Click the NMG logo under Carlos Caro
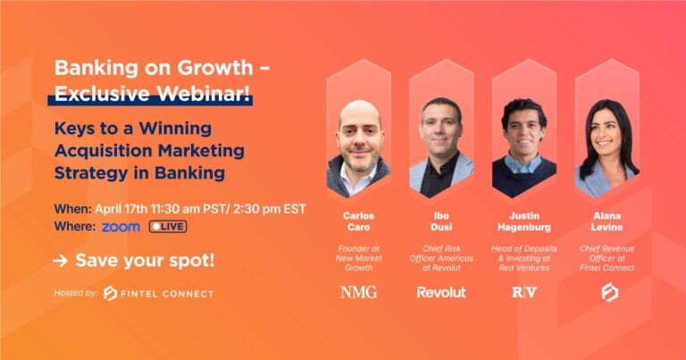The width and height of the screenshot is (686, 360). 358,292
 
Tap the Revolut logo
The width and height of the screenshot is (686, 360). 441,292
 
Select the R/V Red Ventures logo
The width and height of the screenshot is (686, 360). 523,292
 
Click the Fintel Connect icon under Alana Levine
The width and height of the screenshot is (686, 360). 607,292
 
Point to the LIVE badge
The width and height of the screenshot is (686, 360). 168,227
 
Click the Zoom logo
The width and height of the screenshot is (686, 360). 121,227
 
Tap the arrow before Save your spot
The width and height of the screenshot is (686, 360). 61,261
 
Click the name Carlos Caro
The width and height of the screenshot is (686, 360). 358,221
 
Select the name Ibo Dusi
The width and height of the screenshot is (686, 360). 441,221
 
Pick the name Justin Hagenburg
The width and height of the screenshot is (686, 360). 523,221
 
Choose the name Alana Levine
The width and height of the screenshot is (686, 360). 607,221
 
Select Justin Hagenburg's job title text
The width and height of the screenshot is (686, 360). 523,260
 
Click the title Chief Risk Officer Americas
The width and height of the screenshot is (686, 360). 441,260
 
